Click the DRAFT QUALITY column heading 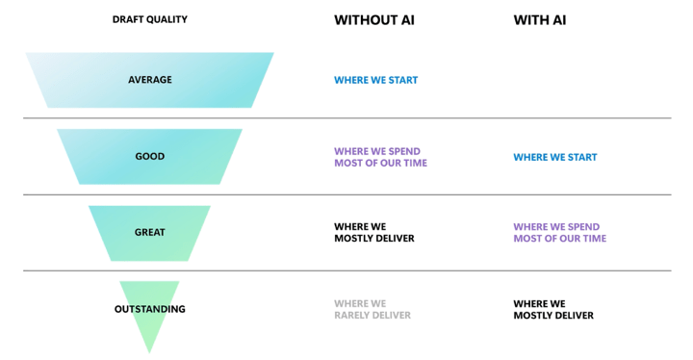tap(150, 19)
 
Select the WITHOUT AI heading tap(374, 20)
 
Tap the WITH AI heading tap(540, 20)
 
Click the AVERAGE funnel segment tap(150, 80)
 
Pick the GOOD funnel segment tap(150, 157)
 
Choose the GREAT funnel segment tap(150, 233)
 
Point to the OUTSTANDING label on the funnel tap(150, 309)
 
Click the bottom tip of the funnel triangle tap(150, 353)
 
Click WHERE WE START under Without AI tap(375, 80)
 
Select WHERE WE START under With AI tap(555, 157)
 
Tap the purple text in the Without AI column tap(380, 157)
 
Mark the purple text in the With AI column tap(560, 233)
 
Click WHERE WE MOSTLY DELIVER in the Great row tap(374, 233)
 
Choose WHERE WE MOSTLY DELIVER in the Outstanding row tap(553, 310)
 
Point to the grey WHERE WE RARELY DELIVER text tap(372, 310)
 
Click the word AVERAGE tap(150, 80)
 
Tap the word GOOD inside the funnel tap(150, 157)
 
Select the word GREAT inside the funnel tap(150, 233)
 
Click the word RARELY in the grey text tap(352, 316)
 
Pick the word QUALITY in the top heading tap(168, 19)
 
